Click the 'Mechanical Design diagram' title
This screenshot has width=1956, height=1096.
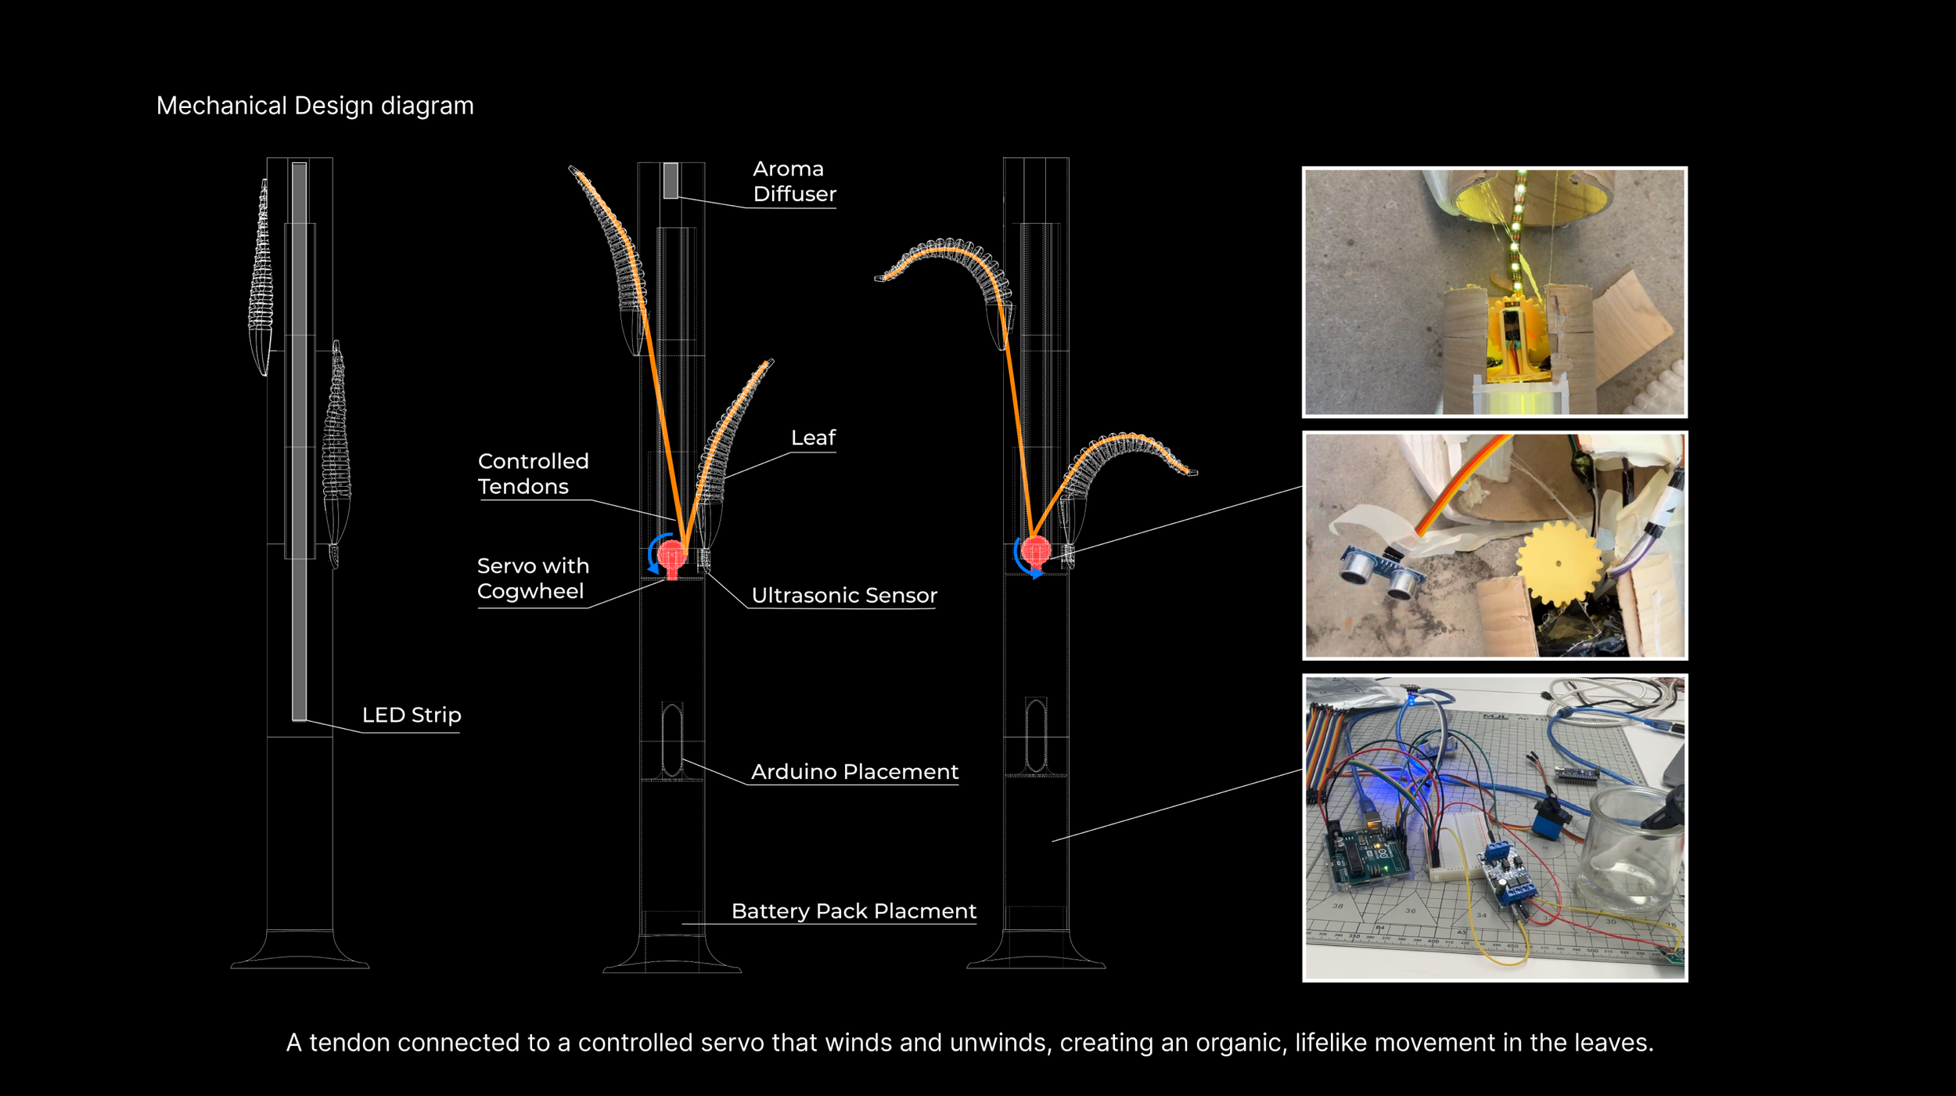pyautogui.click(x=315, y=106)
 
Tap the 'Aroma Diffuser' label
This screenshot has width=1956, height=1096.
pyautogui.click(x=793, y=182)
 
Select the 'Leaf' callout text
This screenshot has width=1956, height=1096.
pyautogui.click(x=813, y=438)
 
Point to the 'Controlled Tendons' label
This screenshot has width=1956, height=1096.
pyautogui.click(x=533, y=474)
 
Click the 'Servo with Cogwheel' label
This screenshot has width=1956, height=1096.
pyautogui.click(x=533, y=579)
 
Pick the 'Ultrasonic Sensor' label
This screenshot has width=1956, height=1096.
pyautogui.click(x=843, y=596)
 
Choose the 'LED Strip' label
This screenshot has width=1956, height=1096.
pyautogui.click(x=412, y=715)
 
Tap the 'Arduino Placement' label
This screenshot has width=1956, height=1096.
pyautogui.click(x=854, y=772)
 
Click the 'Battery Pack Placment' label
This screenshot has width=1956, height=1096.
pyautogui.click(x=854, y=911)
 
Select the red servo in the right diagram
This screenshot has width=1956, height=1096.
pyautogui.click(x=1035, y=550)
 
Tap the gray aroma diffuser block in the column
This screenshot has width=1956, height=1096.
pyautogui.click(x=671, y=180)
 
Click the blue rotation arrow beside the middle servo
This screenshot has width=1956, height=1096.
pyautogui.click(x=653, y=554)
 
